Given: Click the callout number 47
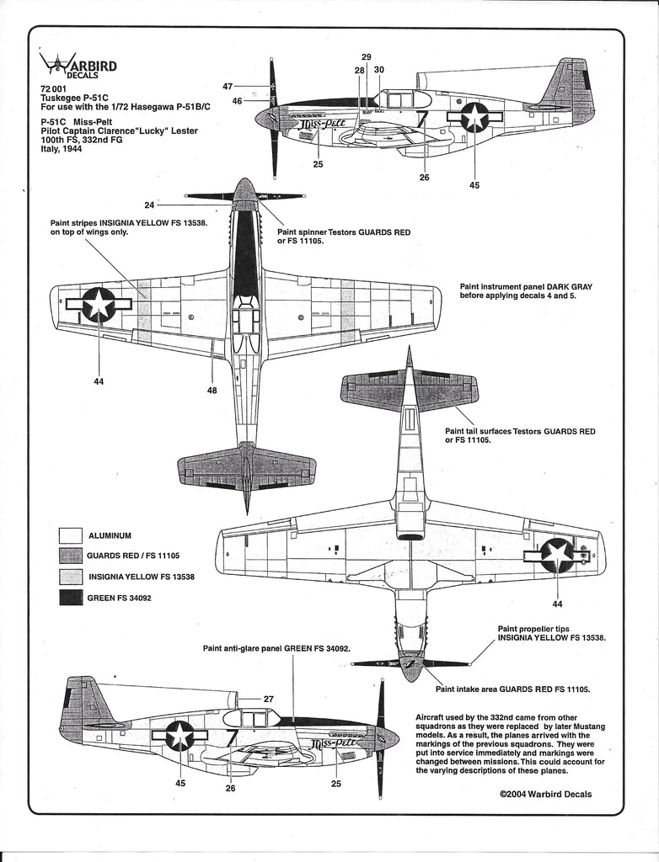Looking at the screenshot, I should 228,86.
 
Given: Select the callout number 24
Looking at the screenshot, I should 149,204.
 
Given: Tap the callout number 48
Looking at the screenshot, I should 212,391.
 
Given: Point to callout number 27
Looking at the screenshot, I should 269,699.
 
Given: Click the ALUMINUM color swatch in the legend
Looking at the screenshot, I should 70,535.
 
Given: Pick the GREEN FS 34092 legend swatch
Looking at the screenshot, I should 70,599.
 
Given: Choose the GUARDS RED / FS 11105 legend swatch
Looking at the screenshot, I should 70,556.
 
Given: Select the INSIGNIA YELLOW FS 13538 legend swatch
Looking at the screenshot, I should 70,577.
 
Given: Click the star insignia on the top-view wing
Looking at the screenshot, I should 99,304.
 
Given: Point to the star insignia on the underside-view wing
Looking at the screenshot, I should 556,555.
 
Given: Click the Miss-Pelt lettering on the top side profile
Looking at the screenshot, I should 320,128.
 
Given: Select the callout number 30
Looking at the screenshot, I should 379,70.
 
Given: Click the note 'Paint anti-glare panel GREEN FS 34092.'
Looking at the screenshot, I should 276,649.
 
